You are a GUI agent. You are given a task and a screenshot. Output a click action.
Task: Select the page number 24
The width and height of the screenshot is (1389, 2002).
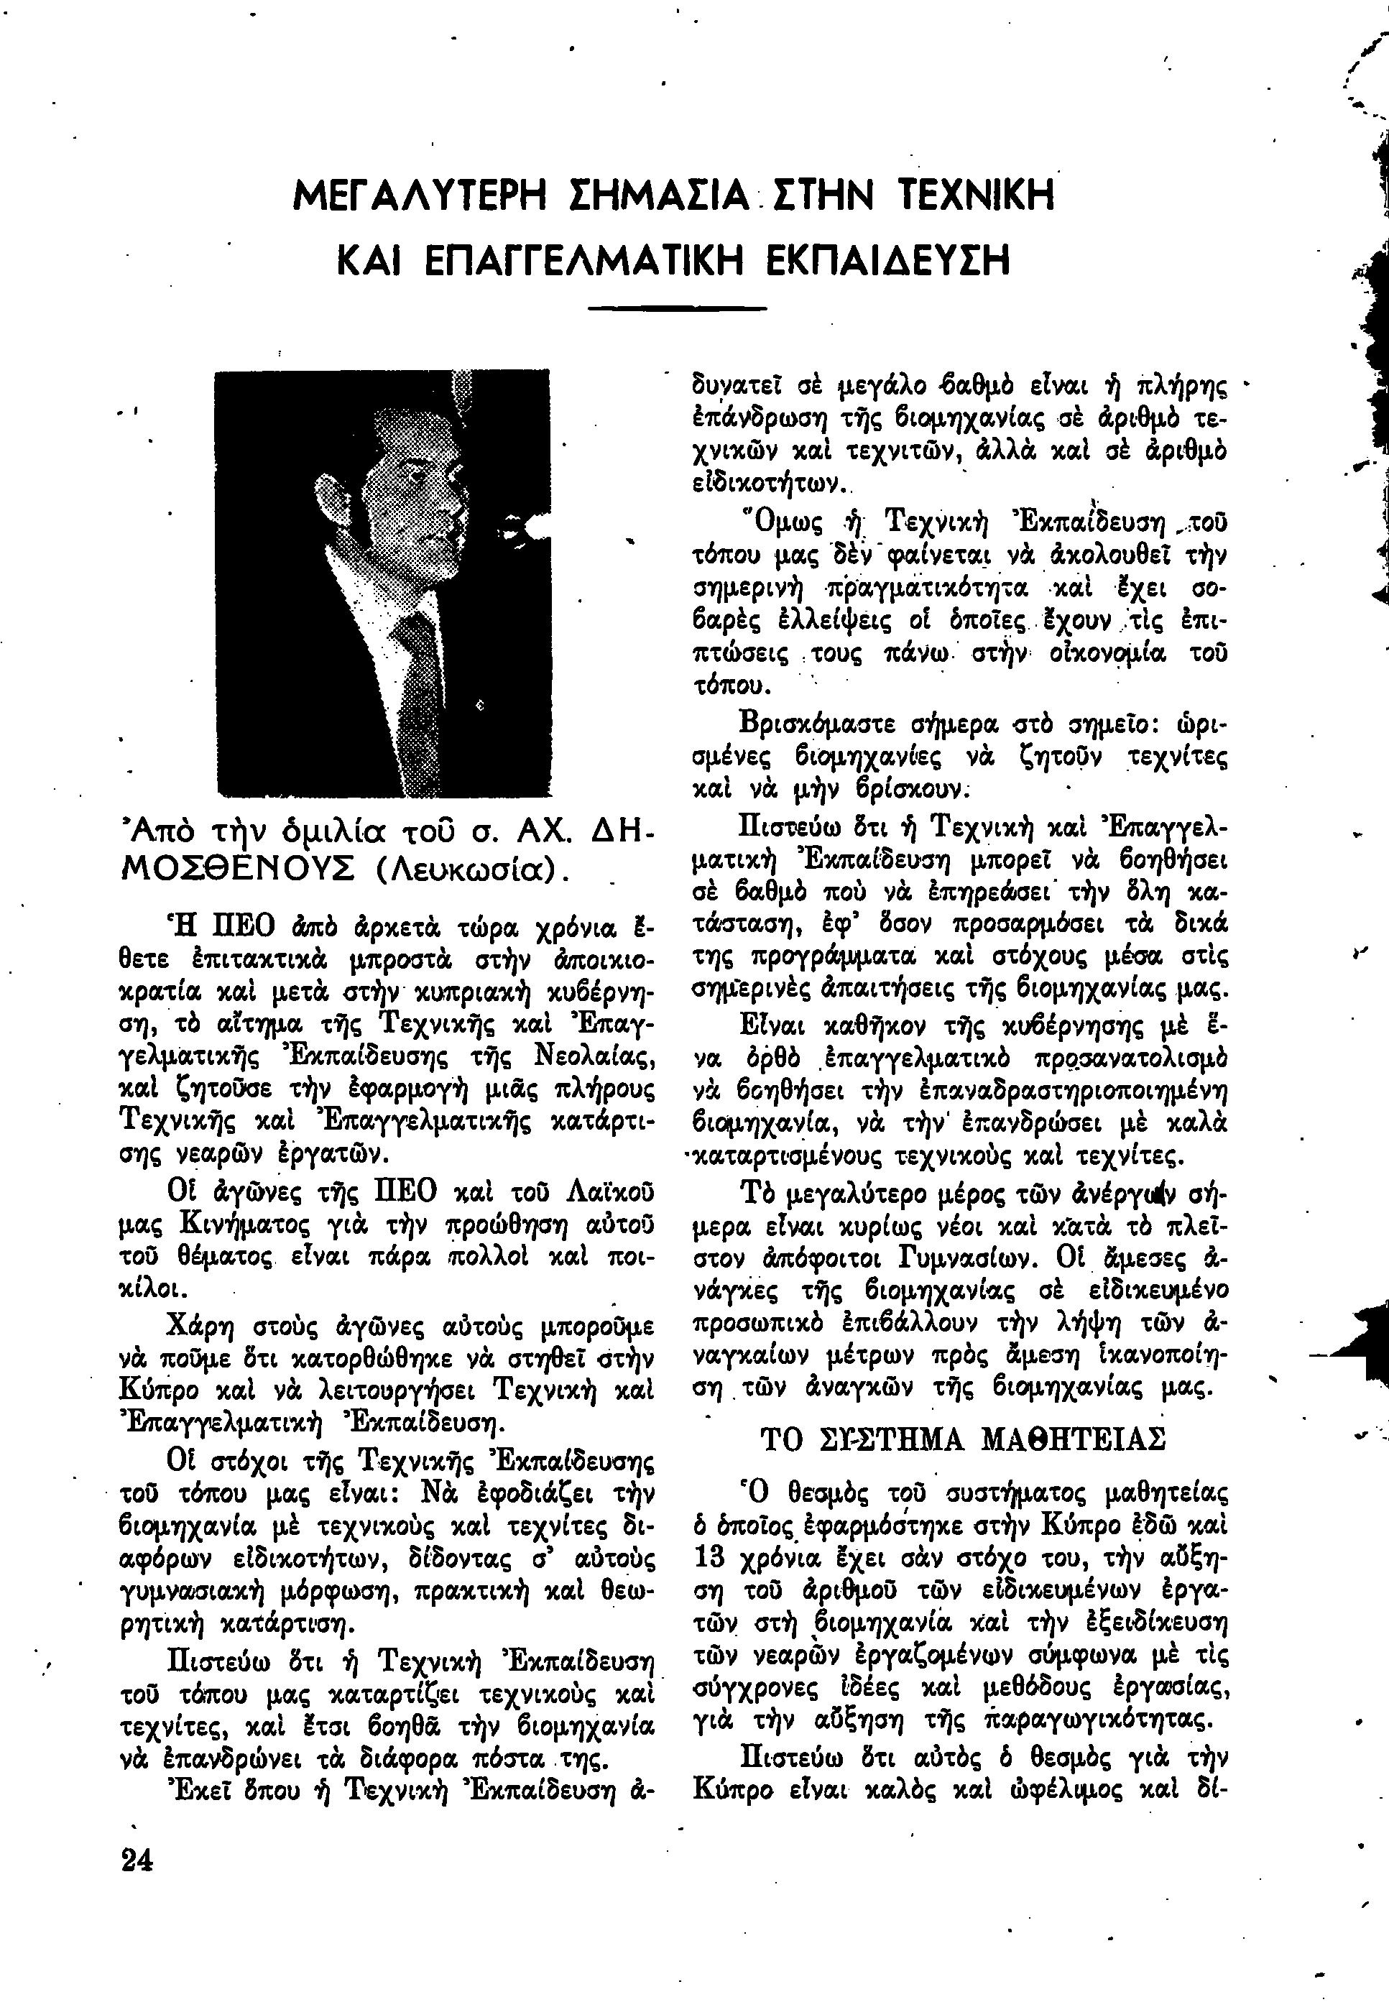tap(137, 1860)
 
